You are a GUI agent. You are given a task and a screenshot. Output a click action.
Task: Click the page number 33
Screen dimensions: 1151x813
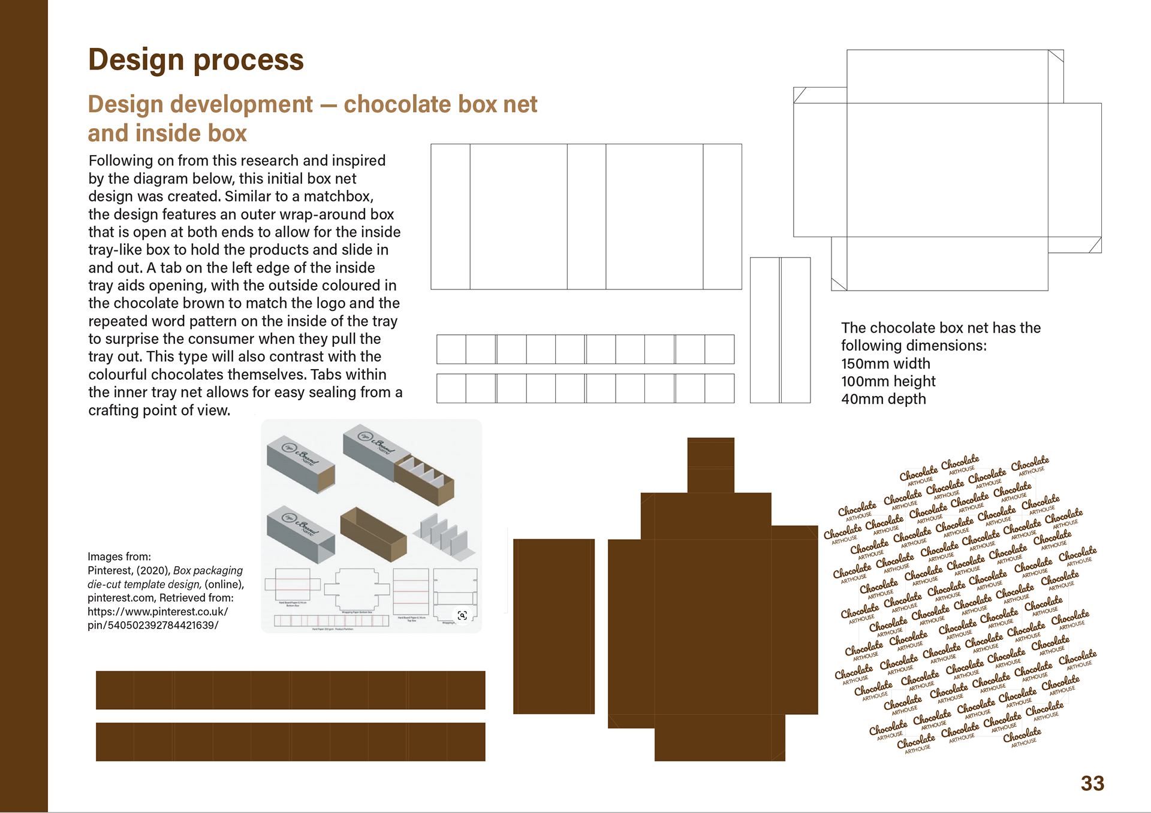1092,783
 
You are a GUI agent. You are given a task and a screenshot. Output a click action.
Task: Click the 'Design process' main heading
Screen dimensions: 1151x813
196,60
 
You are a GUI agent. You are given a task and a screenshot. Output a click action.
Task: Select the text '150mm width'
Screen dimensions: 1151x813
885,364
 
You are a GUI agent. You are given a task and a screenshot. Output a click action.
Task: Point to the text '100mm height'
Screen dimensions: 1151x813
888,382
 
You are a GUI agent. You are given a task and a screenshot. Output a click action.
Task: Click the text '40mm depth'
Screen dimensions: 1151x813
883,399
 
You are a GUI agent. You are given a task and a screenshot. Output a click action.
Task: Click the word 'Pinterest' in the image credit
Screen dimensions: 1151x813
109,570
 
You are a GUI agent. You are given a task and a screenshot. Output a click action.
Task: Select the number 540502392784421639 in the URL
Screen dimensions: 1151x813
162,625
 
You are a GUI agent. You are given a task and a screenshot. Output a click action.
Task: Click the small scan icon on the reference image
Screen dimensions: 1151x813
462,615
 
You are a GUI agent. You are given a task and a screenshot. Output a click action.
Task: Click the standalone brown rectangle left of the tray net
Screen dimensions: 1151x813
553,626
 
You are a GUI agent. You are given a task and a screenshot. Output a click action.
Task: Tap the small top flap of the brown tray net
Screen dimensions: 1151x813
710,465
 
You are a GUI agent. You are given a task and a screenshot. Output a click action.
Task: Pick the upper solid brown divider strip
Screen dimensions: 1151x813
290,690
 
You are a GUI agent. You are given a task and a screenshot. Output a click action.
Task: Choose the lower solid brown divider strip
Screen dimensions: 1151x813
290,742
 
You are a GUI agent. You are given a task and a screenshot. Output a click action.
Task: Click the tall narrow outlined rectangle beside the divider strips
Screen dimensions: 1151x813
780,330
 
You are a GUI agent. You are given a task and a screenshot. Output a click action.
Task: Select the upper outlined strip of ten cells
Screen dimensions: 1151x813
585,349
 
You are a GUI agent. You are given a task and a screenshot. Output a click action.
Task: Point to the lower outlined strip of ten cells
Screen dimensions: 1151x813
585,388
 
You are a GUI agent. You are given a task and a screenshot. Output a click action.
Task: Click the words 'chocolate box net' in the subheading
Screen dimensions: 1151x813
440,104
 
